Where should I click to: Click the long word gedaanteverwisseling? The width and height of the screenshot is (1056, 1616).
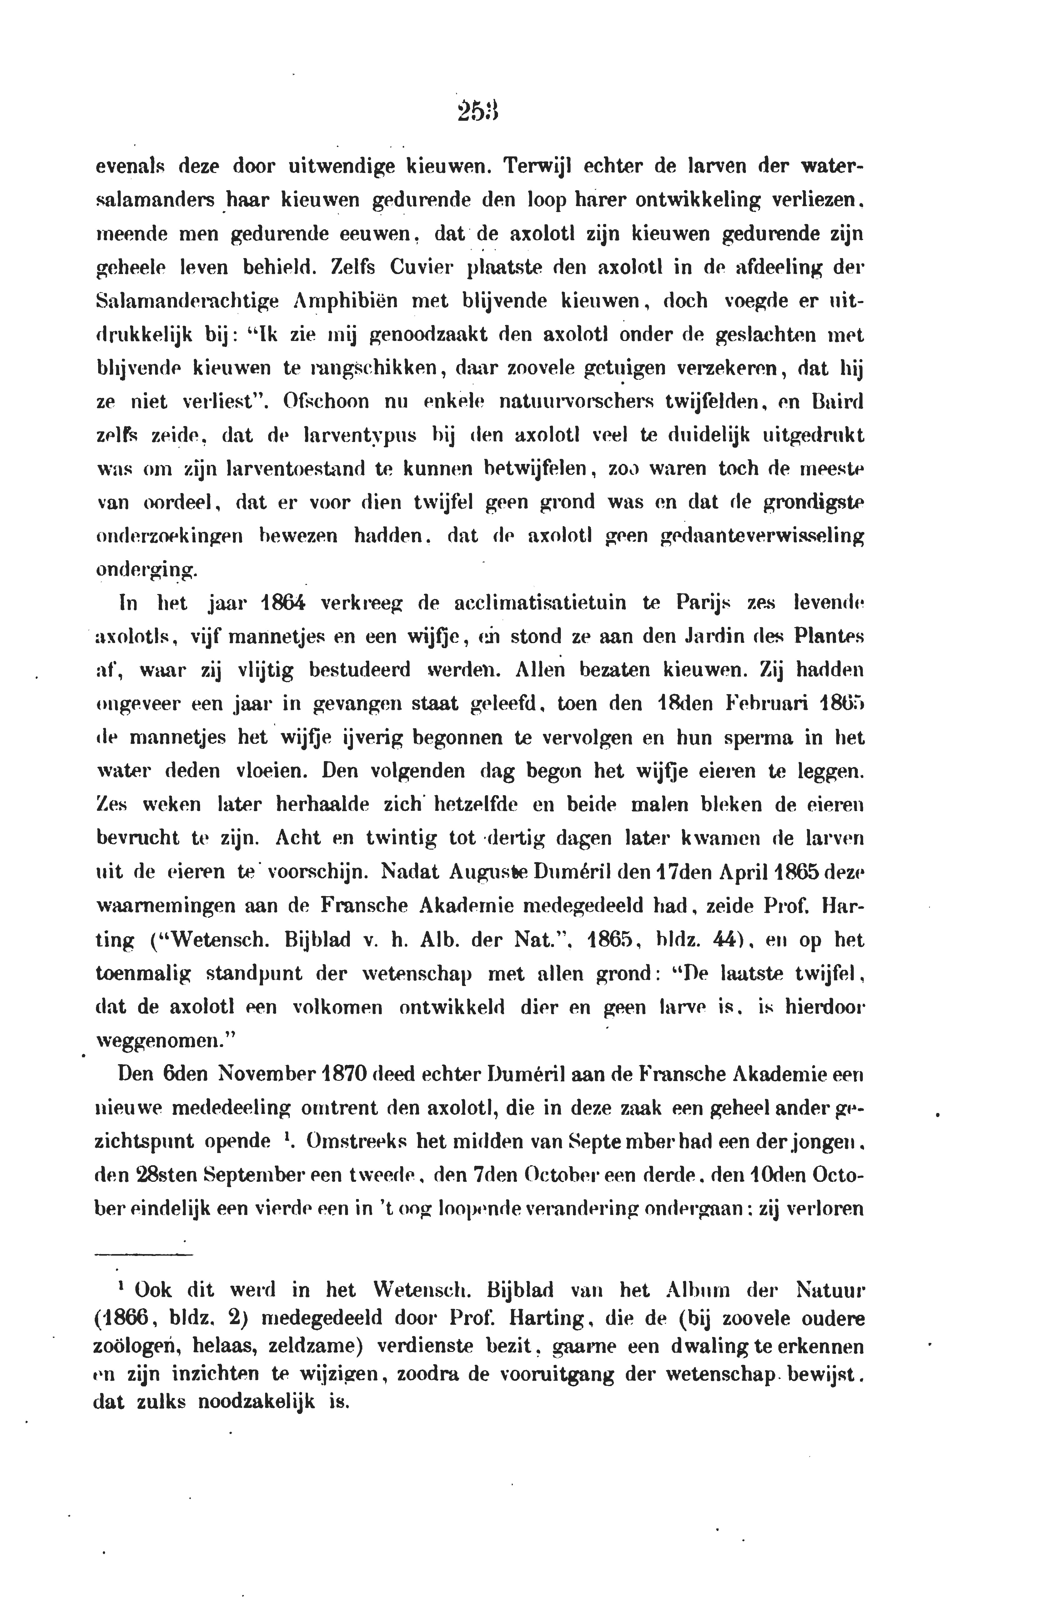(x=763, y=536)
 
